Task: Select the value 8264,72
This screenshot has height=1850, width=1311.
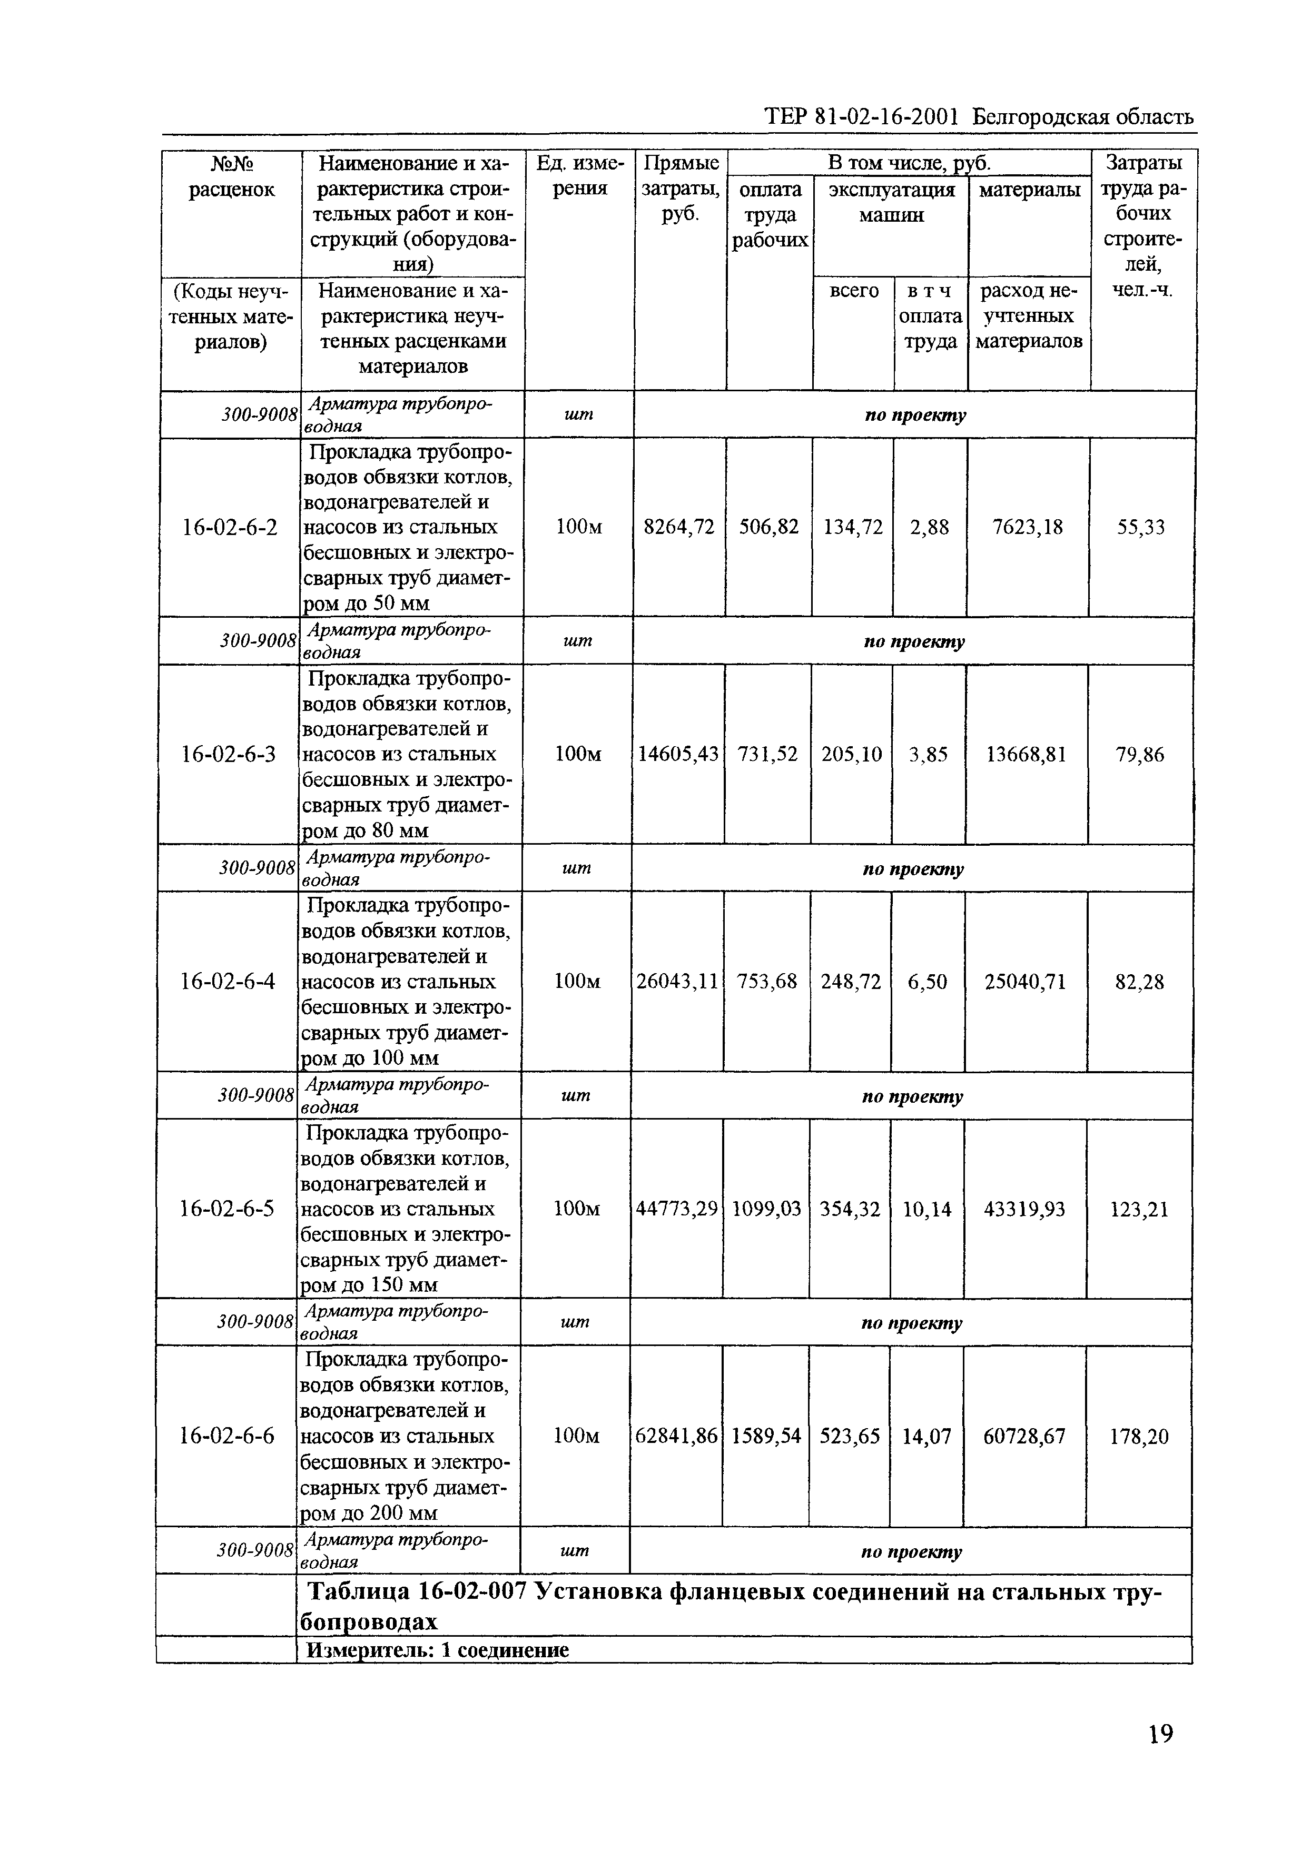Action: point(679,528)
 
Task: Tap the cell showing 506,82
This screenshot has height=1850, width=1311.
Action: point(768,528)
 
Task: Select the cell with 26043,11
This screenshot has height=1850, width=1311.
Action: point(676,982)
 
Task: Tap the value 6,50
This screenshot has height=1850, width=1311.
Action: point(928,982)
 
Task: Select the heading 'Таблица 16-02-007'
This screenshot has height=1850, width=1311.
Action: point(418,1592)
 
